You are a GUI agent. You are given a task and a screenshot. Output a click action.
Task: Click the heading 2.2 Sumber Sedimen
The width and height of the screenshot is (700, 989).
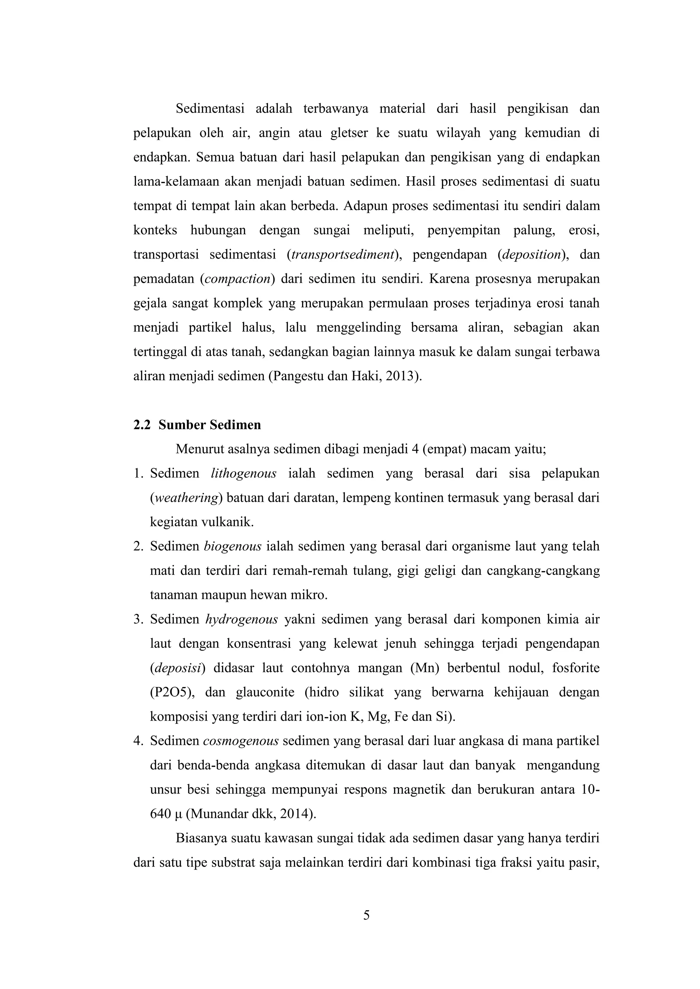(197, 425)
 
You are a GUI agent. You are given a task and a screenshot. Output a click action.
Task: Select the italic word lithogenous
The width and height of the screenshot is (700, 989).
(244, 474)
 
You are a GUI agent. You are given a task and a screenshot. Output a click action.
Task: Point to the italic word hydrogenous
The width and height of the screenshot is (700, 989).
(241, 620)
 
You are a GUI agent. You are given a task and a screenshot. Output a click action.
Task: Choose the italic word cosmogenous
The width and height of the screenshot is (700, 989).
(241, 741)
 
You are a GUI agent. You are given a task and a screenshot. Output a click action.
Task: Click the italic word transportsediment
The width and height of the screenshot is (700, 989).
(343, 255)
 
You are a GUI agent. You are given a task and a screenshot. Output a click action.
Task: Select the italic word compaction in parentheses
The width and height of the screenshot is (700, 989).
(237, 279)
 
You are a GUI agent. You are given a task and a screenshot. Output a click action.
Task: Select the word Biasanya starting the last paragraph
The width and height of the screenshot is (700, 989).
(201, 839)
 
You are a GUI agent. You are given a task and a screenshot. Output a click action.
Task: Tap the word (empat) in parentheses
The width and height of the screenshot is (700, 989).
(444, 450)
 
